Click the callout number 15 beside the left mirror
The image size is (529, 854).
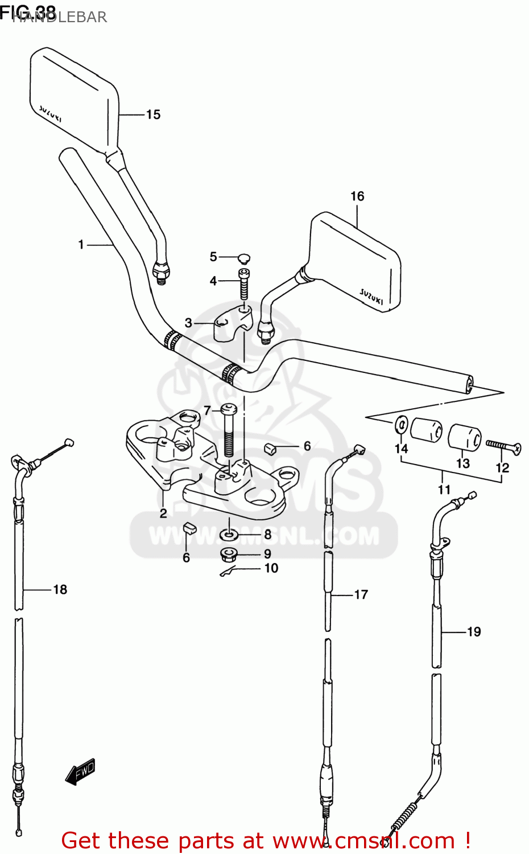153,114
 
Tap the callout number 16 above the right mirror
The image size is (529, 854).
357,196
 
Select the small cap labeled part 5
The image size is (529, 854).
243,258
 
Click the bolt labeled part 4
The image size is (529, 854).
244,284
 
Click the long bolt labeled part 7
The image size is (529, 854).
229,430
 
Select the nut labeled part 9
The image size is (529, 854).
229,553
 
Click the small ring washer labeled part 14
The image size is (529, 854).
401,424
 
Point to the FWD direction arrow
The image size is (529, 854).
80,771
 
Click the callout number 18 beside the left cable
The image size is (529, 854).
60,589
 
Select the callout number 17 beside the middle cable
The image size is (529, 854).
361,594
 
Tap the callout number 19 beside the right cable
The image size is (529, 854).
473,631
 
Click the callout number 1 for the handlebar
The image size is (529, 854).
81,244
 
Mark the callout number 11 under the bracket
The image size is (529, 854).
444,489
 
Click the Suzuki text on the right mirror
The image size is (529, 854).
371,296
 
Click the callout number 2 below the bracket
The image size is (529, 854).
163,513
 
